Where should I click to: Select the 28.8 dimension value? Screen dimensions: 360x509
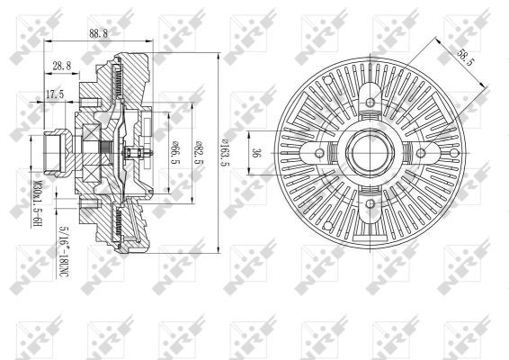tap(61, 66)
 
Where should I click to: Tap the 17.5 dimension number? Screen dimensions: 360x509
tap(55, 93)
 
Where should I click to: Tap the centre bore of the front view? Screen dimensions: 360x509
tap(369, 150)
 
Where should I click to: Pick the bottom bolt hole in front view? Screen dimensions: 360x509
tap(369, 199)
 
